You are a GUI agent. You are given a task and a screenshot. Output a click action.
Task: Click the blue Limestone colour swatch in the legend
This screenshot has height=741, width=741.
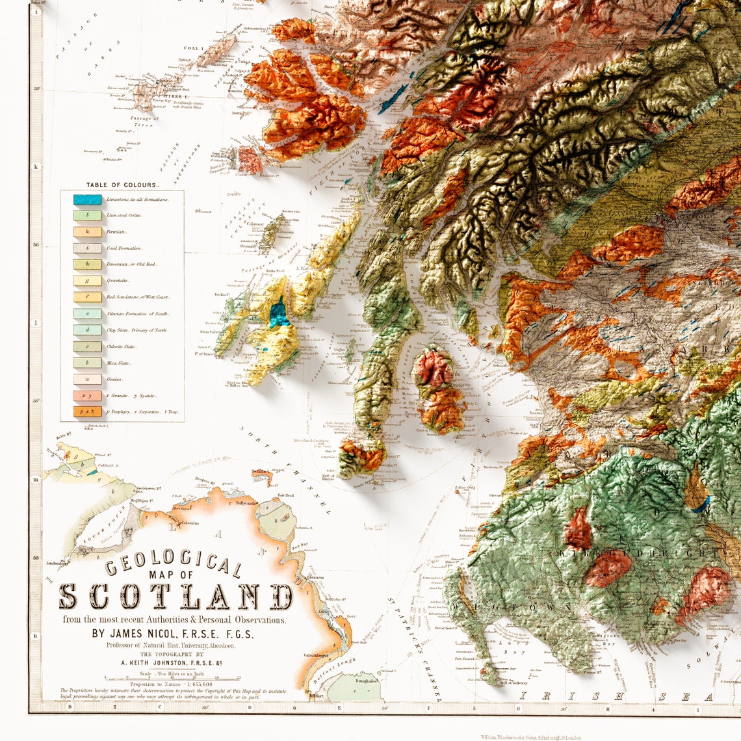87,200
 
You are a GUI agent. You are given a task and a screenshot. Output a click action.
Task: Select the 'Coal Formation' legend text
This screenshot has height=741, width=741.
124,248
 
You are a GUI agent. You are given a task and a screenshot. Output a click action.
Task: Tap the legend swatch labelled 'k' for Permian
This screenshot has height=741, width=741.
87,231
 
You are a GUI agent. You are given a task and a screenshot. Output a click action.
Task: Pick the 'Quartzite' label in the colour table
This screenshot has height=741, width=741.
118,281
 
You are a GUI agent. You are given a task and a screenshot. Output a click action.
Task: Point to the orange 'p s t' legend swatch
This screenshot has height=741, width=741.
87,411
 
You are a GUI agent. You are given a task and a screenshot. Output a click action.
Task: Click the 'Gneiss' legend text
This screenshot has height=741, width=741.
115,379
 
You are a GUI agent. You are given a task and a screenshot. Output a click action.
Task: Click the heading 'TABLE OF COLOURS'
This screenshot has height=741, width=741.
122,185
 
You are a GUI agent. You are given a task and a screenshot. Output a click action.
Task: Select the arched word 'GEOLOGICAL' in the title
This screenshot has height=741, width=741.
174,565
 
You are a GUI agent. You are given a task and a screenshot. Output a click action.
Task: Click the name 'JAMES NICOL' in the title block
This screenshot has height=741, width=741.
145,634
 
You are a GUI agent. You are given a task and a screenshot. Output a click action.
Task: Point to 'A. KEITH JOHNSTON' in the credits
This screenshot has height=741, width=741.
162,662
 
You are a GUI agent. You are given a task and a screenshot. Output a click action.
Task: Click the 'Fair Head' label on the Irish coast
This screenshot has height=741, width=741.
286,495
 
